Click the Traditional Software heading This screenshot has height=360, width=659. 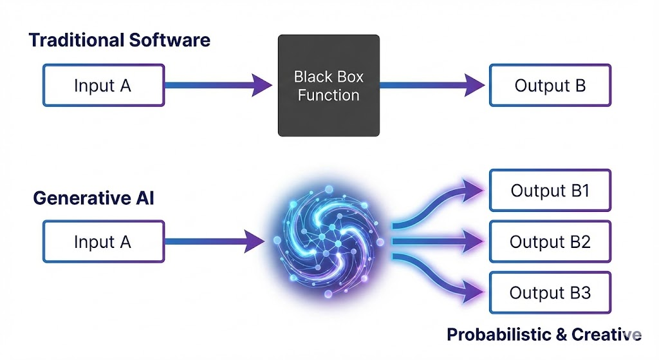(119, 40)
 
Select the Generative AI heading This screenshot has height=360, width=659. (93, 198)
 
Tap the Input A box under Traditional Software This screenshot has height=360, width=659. (103, 85)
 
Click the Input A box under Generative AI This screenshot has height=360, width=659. (103, 242)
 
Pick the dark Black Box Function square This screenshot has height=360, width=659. (328, 86)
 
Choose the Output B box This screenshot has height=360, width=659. (550, 85)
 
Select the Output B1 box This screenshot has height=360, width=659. (550, 191)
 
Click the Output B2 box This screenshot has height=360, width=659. (550, 242)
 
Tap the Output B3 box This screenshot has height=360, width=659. (550, 292)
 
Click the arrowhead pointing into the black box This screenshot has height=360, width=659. (261, 85)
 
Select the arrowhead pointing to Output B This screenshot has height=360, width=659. (474, 85)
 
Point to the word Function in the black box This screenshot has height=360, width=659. (328, 96)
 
